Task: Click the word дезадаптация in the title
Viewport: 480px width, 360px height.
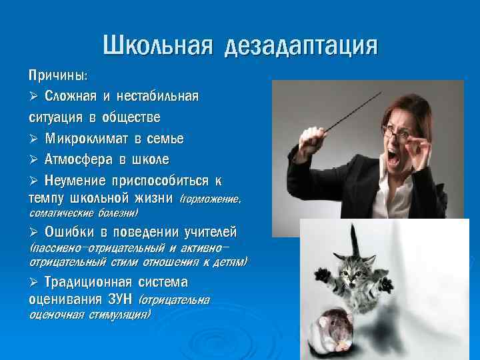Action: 301,47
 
